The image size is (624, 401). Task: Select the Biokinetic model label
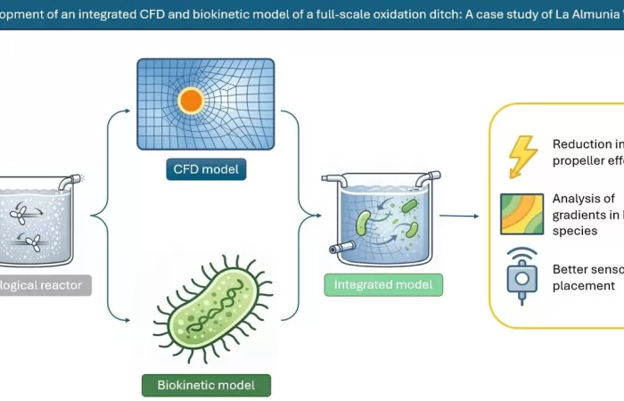tap(206, 385)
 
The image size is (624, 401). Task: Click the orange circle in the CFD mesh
tap(191, 101)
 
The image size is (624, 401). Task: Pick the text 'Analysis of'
tap(584, 199)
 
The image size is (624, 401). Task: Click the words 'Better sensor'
tap(587, 269)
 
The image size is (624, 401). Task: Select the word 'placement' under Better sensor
tap(584, 285)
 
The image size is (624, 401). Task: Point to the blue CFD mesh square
tap(192, 102)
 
